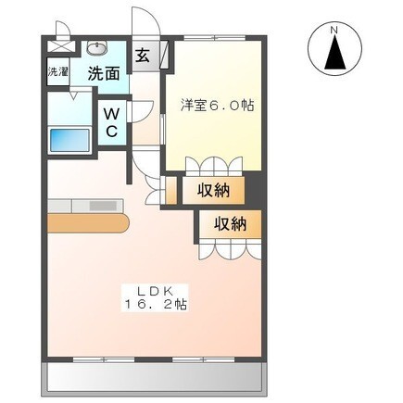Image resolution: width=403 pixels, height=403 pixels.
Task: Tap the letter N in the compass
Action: [336, 30]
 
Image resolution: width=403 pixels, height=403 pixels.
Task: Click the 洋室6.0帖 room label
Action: [218, 106]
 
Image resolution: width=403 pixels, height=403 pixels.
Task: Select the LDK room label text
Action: [152, 287]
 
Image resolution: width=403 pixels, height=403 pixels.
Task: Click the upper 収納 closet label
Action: [220, 192]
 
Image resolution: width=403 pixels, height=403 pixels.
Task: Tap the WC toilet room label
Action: [110, 122]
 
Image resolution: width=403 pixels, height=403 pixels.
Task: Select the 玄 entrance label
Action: [144, 54]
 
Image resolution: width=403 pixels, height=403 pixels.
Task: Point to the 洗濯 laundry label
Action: [57, 71]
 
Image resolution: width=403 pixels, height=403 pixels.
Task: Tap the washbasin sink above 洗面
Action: [96, 49]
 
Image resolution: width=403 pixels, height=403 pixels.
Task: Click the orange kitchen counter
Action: [84, 225]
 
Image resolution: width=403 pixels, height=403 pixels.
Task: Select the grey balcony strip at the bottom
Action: [153, 375]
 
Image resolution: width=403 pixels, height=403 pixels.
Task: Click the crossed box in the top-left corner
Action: [57, 42]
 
